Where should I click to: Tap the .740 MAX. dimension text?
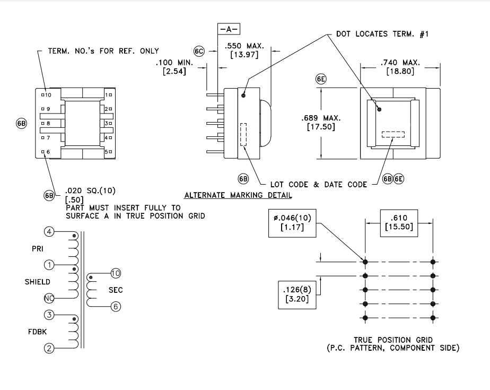[400, 63]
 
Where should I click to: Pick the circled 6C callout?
[199, 51]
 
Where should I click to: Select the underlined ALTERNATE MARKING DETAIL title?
[238, 195]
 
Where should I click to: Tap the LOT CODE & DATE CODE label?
[319, 184]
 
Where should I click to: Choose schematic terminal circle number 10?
[116, 273]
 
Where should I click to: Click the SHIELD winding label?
[38, 282]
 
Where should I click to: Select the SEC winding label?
[116, 290]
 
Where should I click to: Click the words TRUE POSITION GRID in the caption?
[393, 340]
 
